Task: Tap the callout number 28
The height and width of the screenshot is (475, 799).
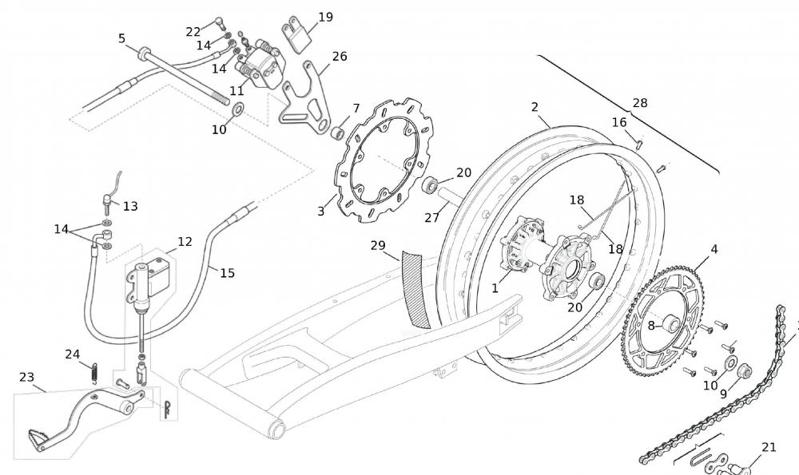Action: pyautogui.click(x=640, y=103)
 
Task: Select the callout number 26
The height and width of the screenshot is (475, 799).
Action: pyautogui.click(x=340, y=57)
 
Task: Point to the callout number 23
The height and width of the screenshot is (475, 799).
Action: pyautogui.click(x=26, y=377)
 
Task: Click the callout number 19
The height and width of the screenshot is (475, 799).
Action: pyautogui.click(x=325, y=17)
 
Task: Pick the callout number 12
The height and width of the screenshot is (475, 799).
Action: pyautogui.click(x=185, y=241)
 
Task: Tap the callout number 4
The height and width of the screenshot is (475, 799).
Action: pyautogui.click(x=714, y=249)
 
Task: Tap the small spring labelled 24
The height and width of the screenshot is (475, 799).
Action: pyautogui.click(x=93, y=372)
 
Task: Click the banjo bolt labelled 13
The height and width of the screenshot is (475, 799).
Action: pyautogui.click(x=107, y=198)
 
